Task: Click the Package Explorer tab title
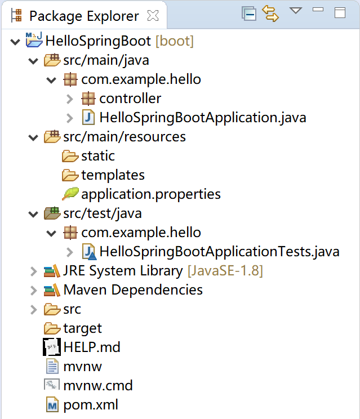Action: (x=84, y=16)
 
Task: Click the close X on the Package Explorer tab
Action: (x=153, y=16)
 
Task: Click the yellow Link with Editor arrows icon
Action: (x=271, y=14)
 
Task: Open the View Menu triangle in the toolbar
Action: (x=296, y=11)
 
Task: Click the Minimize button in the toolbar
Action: (x=318, y=10)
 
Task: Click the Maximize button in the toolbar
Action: (x=339, y=13)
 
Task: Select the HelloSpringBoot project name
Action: (x=97, y=41)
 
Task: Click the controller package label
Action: (x=130, y=99)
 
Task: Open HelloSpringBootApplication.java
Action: (x=202, y=118)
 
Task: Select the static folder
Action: (x=97, y=156)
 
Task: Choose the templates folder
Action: (x=113, y=175)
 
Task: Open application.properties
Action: (x=150, y=194)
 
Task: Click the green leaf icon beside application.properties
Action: (x=70, y=194)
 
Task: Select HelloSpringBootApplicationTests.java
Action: (x=219, y=251)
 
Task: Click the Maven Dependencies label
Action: (x=133, y=290)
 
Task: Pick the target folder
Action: (x=82, y=328)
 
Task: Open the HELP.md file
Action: (x=92, y=347)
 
